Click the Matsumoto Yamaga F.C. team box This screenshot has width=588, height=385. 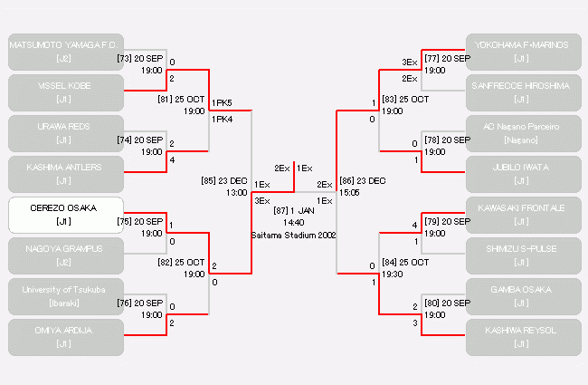point(65,52)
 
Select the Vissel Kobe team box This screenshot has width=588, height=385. point(65,92)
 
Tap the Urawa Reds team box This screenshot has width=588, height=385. point(65,133)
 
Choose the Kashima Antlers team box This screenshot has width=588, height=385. point(65,174)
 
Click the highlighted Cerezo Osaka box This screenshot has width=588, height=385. point(65,215)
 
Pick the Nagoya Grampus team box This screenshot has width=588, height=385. point(65,255)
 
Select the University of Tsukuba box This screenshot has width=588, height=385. point(65,296)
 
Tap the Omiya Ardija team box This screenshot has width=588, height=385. point(65,337)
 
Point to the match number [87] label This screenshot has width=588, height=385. point(282,210)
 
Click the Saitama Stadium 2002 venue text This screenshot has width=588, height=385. point(294,234)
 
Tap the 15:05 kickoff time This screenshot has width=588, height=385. point(349,192)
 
